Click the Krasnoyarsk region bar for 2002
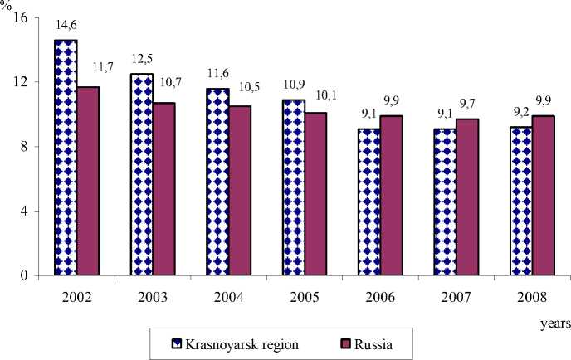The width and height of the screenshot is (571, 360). click(x=65, y=158)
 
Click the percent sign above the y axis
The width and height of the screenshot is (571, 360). click(x=7, y=7)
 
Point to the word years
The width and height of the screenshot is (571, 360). click(x=552, y=318)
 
